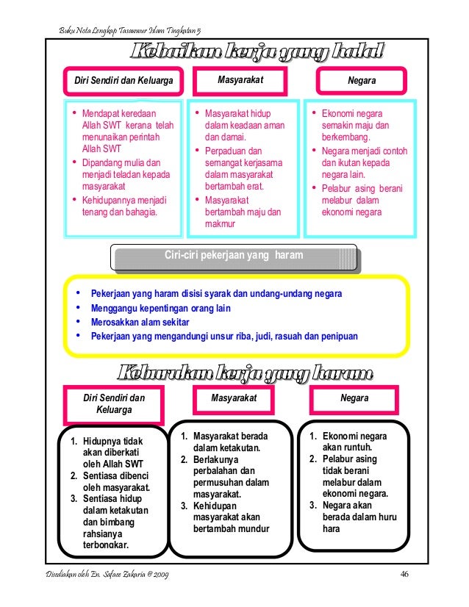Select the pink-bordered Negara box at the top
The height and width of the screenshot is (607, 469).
362,79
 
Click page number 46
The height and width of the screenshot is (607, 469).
404,573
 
